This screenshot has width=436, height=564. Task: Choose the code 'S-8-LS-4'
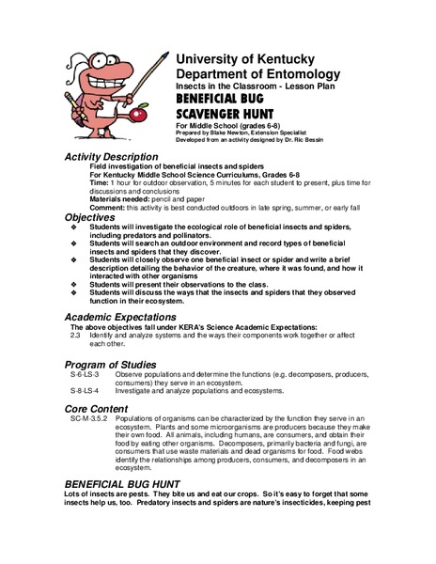86,389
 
